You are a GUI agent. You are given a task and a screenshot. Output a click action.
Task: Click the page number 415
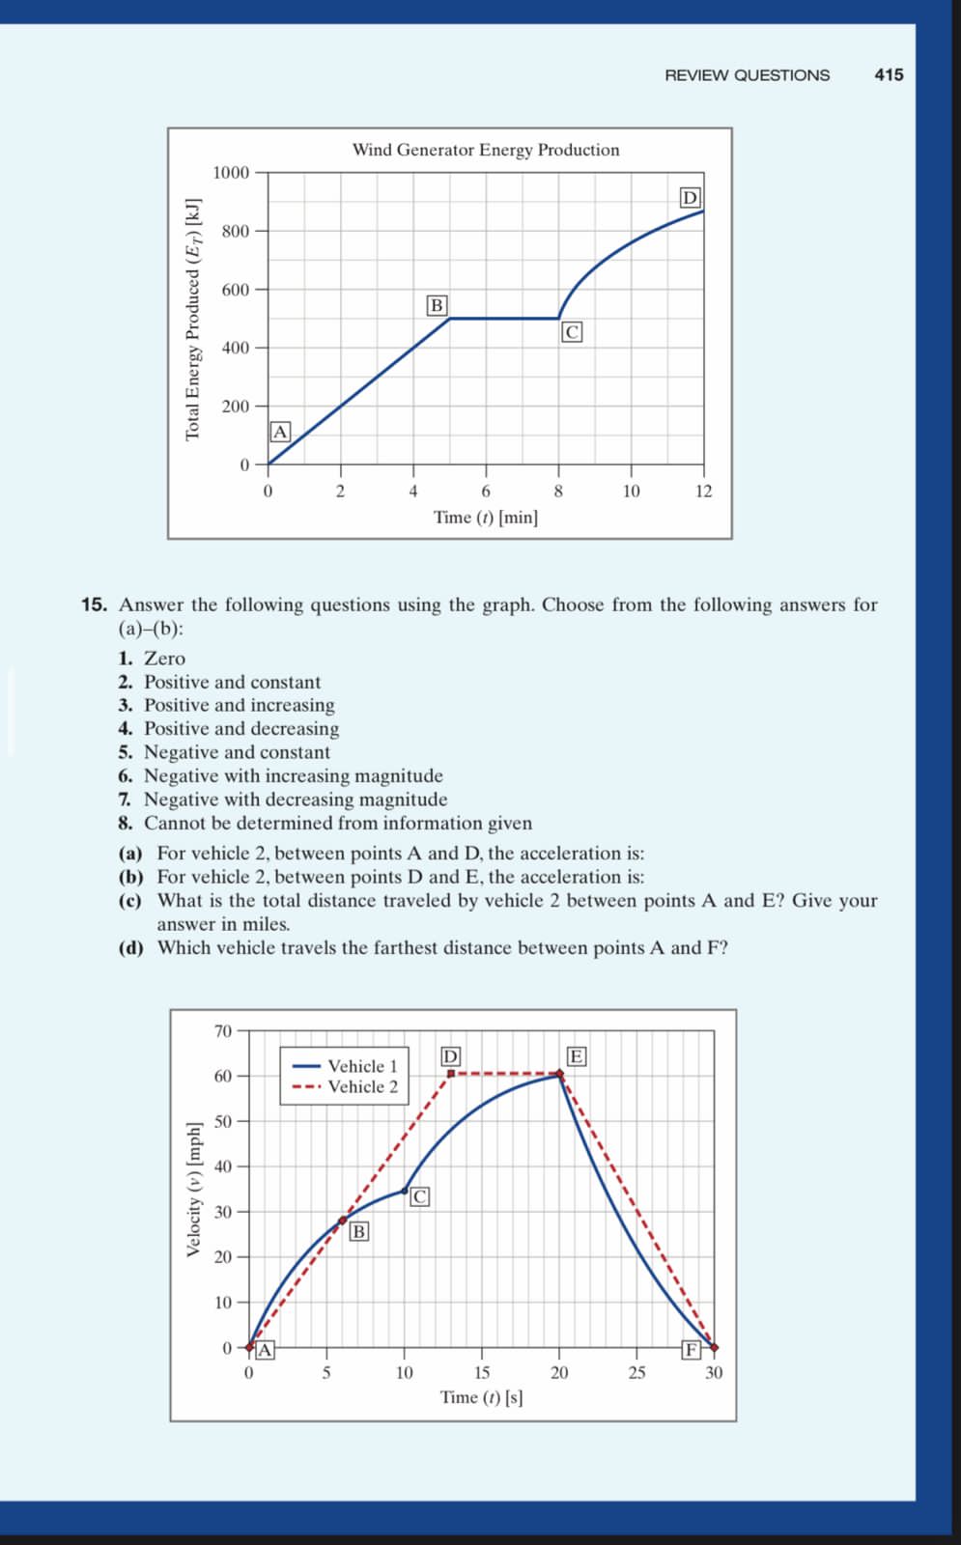coord(889,74)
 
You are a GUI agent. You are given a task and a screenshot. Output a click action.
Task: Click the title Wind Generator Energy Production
coord(486,150)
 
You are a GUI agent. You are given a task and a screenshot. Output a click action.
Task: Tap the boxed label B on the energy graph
coord(437,305)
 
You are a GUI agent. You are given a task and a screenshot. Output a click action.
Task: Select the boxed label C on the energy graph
coord(572,332)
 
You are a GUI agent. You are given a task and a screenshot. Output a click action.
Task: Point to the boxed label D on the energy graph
coord(690,198)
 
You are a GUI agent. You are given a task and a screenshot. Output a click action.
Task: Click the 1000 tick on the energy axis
coord(231,173)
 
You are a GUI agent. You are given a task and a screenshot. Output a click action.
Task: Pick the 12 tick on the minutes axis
coord(703,492)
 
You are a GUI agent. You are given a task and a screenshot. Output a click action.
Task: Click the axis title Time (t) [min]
coord(486,518)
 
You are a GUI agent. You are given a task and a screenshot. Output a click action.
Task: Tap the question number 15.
coord(94,605)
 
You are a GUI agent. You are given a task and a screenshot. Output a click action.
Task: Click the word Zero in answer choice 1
coord(164,659)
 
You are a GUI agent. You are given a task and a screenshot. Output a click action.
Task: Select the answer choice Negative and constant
coord(237,752)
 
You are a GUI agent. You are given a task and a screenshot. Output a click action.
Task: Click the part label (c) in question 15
coord(130,901)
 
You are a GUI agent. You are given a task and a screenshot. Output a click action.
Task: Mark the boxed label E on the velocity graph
coord(576,1056)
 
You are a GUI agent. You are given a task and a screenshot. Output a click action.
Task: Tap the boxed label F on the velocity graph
coord(692,1350)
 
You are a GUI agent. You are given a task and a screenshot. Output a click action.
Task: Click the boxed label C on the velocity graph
coord(419,1197)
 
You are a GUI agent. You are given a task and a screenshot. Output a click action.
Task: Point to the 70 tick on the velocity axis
coord(223,1031)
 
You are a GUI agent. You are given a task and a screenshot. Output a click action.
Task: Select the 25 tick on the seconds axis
coord(636,1373)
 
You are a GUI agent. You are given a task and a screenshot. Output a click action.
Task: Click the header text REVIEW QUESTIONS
coord(747,75)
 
